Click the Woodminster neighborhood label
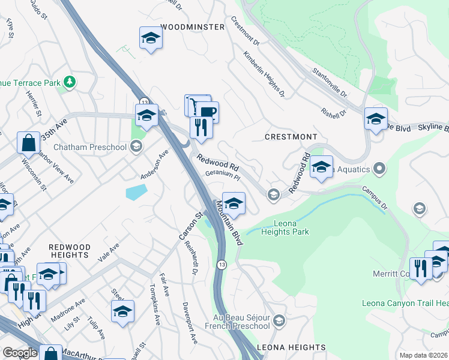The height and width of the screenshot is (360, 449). point(188,27)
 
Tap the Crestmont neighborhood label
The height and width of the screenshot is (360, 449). point(291,137)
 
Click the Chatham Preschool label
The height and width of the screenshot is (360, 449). point(90,147)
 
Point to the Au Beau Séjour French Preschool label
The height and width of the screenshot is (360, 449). point(241,321)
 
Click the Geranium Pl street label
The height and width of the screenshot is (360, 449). point(223,178)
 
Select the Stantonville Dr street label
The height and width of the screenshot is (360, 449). point(330,83)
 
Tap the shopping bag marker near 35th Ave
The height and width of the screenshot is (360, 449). point(28,143)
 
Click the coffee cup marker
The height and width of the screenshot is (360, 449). point(208,112)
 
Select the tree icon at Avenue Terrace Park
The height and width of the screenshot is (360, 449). point(70,82)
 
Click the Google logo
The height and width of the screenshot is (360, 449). point(20,353)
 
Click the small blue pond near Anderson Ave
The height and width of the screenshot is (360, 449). point(136,192)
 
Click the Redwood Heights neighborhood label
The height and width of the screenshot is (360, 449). point(70,251)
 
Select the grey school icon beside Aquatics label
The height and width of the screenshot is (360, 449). point(378,169)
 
